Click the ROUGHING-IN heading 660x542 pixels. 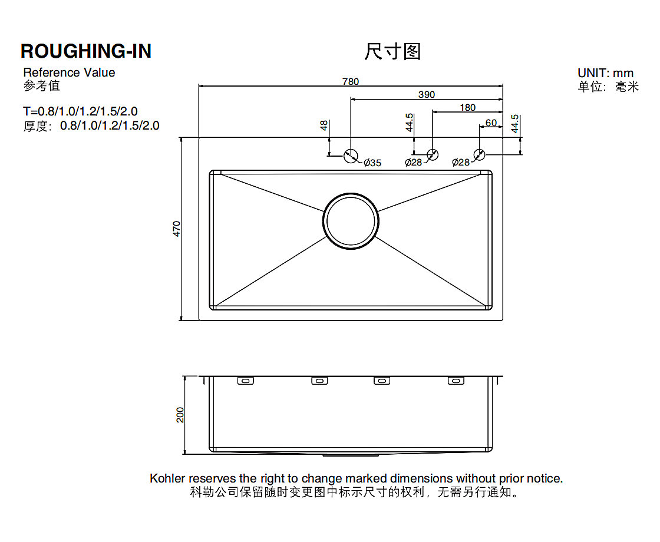[86, 51]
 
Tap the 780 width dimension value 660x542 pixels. [350, 82]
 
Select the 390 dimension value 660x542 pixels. [427, 95]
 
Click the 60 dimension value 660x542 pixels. [491, 123]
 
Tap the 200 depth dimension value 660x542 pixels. [180, 415]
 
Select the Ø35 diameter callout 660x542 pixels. [372, 163]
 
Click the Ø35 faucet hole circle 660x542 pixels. [351, 156]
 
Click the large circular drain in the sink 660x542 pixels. [351, 221]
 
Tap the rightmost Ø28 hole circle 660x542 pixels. [479, 155]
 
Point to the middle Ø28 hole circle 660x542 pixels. [433, 155]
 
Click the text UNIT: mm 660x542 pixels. [605, 73]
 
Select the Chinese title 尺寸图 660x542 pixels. [392, 52]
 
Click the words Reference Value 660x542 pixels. [69, 72]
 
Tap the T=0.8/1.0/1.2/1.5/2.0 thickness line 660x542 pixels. [81, 111]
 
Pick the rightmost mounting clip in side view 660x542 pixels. [456, 381]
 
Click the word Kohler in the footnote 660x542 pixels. [167, 478]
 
